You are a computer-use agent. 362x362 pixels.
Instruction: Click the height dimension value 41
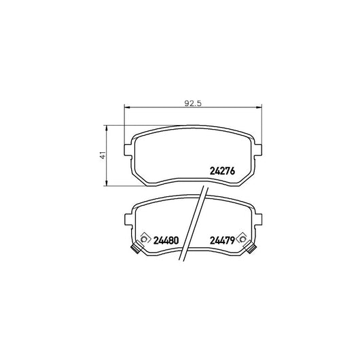coord(102,155)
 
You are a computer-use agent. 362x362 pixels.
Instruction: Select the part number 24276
coord(221,171)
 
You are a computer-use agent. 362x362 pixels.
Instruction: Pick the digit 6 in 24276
coord(232,171)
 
